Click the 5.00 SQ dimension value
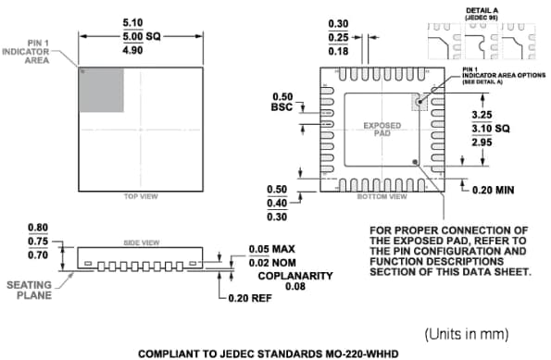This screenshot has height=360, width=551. tap(141, 36)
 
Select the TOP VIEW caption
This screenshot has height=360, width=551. tap(141, 196)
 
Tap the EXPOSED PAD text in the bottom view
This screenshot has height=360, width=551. tap(382, 130)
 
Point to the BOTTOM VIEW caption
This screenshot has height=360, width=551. tap(382, 196)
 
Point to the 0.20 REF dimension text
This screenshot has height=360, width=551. tap(253, 298)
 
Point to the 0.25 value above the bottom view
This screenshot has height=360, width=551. tap(337, 36)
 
